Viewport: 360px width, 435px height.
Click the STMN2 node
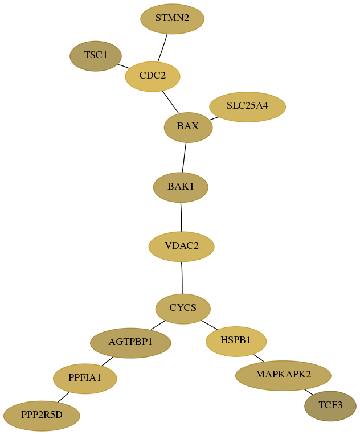(x=173, y=19)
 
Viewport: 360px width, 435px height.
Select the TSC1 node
(x=96, y=56)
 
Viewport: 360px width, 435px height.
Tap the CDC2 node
(x=153, y=76)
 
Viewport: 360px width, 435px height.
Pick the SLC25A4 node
(x=248, y=107)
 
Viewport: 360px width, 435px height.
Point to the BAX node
(x=188, y=128)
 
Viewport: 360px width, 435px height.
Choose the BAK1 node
(x=181, y=187)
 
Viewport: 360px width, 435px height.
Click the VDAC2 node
(x=182, y=247)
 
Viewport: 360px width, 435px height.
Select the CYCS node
(x=183, y=309)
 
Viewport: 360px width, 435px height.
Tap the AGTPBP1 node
(x=130, y=343)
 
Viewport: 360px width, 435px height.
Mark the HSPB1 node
(x=236, y=341)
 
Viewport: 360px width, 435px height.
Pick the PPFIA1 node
(x=85, y=379)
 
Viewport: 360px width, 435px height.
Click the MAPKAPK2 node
(x=283, y=375)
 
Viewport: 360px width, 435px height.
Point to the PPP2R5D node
(x=42, y=416)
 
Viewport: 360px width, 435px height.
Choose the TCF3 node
(x=330, y=406)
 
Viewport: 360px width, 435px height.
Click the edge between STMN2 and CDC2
(x=162, y=48)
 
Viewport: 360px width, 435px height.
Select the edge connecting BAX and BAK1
(x=184, y=157)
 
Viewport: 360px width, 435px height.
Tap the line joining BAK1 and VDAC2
(x=181, y=217)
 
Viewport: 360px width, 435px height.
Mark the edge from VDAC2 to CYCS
(x=182, y=278)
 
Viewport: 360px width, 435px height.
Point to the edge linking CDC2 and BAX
(x=170, y=102)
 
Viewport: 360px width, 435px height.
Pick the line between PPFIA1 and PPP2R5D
(x=63, y=397)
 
